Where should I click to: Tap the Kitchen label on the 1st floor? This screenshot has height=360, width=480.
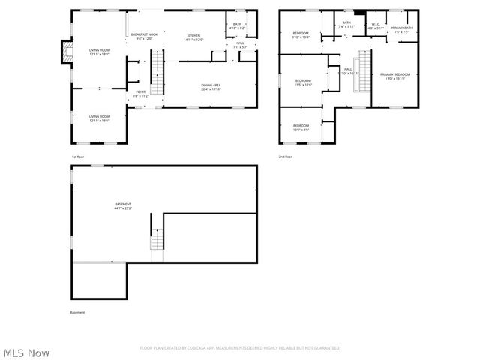(x=193, y=37)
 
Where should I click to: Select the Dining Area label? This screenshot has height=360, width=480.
(x=211, y=87)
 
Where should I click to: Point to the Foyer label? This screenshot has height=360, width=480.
(x=141, y=94)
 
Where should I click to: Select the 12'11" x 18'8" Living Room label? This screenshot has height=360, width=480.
(x=100, y=52)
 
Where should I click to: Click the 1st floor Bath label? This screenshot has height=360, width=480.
(x=237, y=26)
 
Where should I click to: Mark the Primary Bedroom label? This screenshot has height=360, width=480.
(x=395, y=76)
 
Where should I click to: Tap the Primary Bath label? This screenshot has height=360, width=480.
(x=401, y=29)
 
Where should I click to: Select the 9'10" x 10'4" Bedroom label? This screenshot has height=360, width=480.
(x=301, y=35)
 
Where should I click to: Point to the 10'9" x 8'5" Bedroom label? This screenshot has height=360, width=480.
(x=301, y=127)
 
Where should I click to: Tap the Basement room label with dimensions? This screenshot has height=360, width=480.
(x=123, y=206)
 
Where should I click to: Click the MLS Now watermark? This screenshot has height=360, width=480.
(x=25, y=352)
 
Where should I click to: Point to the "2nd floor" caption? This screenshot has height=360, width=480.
(x=286, y=157)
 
